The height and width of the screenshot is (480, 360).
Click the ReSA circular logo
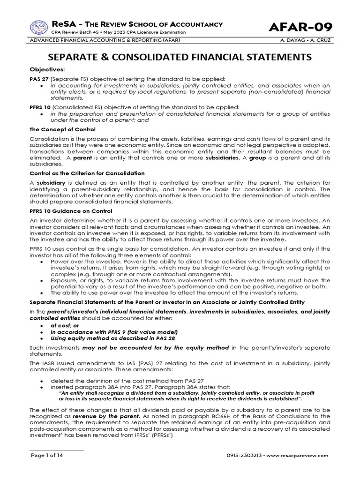click(x=39, y=27)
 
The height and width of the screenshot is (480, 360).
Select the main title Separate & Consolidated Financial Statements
click(x=180, y=57)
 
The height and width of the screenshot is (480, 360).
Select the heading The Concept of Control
click(x=62, y=129)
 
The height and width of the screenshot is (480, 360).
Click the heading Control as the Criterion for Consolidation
click(x=87, y=173)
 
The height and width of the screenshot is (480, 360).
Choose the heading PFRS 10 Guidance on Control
click(x=70, y=211)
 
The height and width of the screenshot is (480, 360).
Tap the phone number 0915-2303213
click(x=247, y=455)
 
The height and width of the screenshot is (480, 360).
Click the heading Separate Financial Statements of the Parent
click(x=167, y=302)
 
